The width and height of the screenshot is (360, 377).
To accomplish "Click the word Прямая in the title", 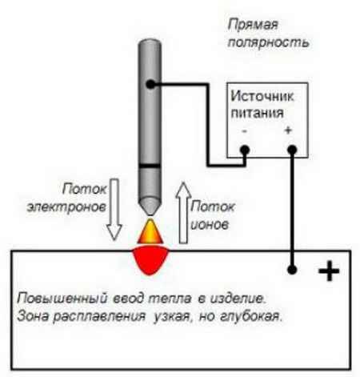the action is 253,26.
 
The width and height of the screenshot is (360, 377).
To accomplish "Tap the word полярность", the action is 268,42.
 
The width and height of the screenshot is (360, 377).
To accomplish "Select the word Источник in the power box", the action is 262,96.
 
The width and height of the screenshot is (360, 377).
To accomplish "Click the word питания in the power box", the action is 257,113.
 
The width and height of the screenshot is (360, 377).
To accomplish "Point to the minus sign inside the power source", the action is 245,130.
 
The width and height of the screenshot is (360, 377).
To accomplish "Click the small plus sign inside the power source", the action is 288,130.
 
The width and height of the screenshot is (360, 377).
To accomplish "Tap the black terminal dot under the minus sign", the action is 245,150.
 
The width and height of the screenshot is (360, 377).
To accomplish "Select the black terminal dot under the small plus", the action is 292,150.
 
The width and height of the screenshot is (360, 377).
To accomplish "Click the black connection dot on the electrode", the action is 150,84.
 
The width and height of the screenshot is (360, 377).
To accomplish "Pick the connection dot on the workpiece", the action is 292,270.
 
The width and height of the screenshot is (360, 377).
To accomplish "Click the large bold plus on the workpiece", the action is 329,271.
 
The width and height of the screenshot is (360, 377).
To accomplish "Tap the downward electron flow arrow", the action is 114,210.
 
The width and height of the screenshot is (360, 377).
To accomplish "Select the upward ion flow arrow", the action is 183,213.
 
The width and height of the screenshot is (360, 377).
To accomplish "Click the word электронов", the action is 66,207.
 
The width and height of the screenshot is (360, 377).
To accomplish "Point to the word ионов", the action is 210,225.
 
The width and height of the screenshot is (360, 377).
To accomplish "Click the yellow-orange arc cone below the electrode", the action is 150,231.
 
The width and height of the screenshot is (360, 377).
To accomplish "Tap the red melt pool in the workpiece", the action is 150,261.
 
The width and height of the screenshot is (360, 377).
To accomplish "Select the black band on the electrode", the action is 150,166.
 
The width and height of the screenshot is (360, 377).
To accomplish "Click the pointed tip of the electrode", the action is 150,215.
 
